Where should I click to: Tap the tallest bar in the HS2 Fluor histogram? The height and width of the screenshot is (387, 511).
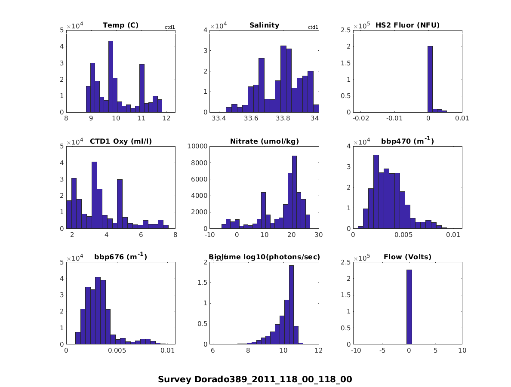[430, 79]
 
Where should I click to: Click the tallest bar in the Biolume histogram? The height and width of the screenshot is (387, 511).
[291, 305]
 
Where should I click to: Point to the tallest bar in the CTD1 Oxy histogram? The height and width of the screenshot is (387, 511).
[94, 195]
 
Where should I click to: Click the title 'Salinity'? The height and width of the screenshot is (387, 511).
[264, 25]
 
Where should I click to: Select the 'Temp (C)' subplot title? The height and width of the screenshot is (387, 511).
[120, 25]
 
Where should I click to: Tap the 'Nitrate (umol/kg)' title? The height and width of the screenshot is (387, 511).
[264, 141]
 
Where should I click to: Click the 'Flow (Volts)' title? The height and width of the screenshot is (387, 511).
[407, 258]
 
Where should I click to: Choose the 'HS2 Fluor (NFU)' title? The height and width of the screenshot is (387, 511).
[407, 25]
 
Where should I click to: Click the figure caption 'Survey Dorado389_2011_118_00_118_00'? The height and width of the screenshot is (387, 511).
[255, 379]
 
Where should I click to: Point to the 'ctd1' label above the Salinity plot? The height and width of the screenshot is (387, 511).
[313, 28]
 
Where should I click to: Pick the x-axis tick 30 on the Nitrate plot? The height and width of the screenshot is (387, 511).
[319, 235]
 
